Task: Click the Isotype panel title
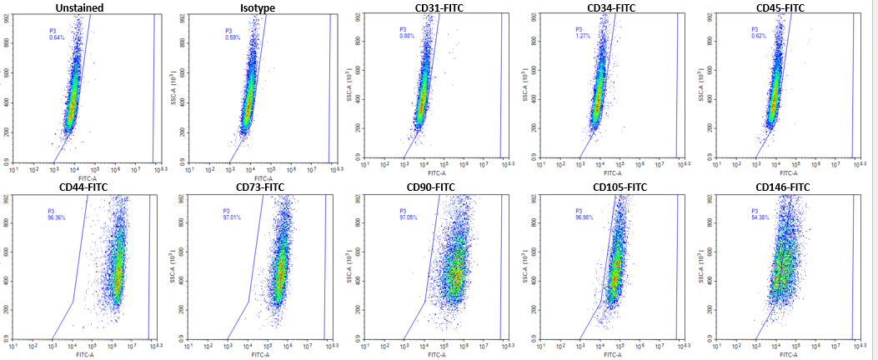point(257,8)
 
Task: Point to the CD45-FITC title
point(781,7)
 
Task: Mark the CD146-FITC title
point(782,187)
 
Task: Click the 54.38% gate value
point(761,218)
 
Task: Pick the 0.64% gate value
point(57,38)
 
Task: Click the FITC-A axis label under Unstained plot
point(86,178)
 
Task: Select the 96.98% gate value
point(585,218)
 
